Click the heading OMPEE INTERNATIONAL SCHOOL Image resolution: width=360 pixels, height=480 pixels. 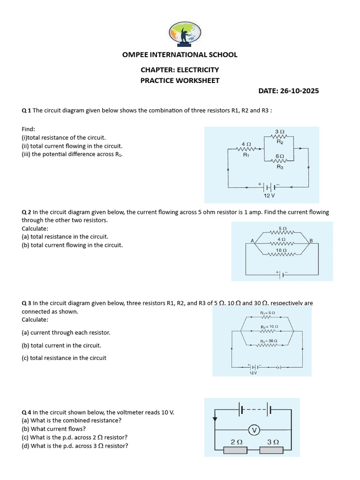click(180, 54)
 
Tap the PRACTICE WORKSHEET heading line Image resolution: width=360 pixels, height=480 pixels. click(180, 80)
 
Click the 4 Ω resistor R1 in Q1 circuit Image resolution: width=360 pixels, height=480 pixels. click(245, 149)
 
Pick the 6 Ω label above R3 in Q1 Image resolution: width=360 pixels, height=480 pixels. click(279, 155)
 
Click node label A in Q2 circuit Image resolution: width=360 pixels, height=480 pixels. click(252, 241)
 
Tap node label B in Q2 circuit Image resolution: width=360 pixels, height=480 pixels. click(310, 241)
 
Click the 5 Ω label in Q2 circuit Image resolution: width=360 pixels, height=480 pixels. click(282, 228)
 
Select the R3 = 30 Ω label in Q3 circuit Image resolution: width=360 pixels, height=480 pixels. click(269, 341)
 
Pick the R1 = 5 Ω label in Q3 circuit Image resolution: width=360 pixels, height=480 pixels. click(268, 312)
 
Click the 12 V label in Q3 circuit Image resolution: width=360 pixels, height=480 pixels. click(253, 373)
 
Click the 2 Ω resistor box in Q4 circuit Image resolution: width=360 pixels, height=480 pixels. click(237, 450)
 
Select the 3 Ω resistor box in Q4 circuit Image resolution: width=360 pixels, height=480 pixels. click(273, 450)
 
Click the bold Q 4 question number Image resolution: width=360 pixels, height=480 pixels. click(26, 412)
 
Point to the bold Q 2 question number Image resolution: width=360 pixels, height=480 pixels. click(26, 212)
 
